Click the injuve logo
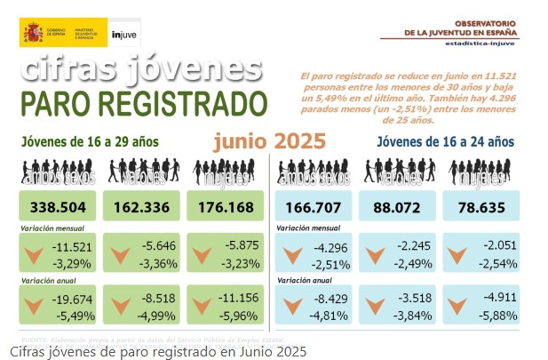[x=123, y=35]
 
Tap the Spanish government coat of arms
[x=33, y=34]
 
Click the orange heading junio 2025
[x=269, y=140]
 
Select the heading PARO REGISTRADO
[x=144, y=103]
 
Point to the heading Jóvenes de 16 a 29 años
[x=91, y=141]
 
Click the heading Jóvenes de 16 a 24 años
[x=445, y=141]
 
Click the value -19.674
[x=72, y=300]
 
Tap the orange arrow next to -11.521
[x=34, y=256]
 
